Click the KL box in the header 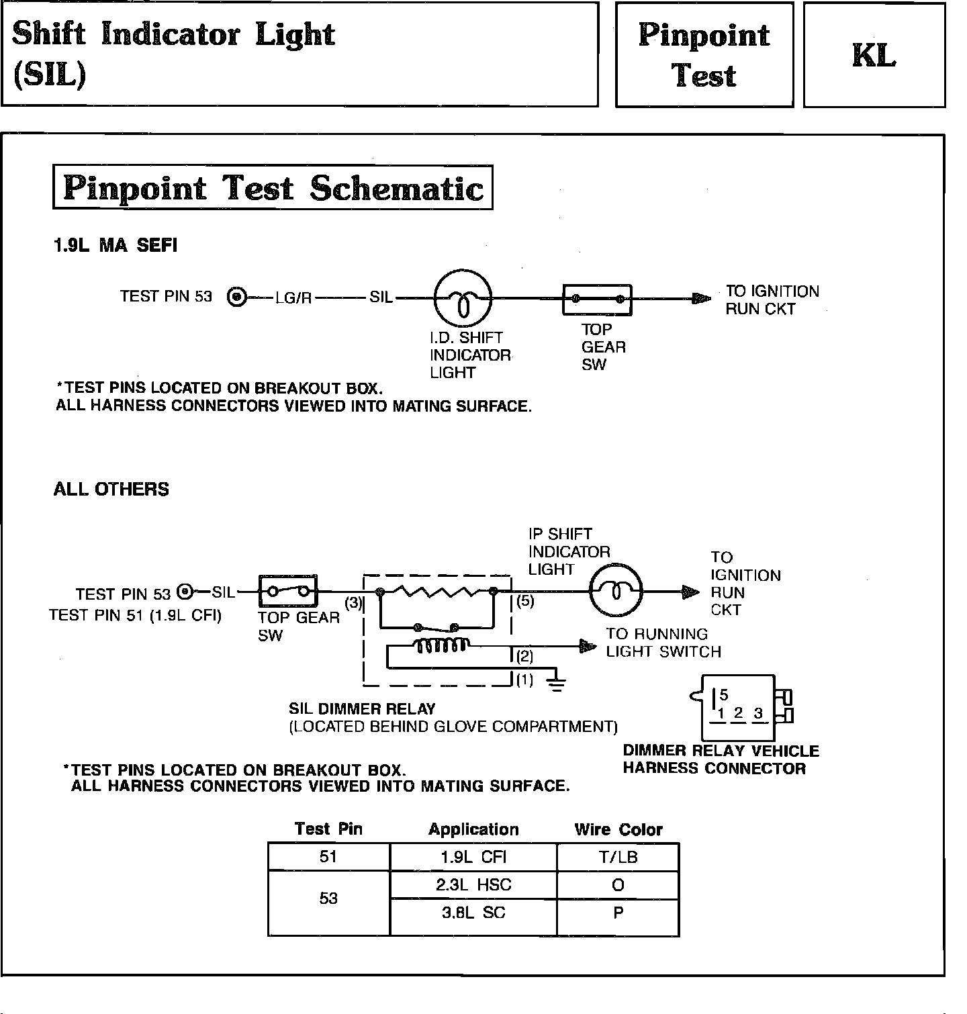[874, 55]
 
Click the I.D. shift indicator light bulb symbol [463, 298]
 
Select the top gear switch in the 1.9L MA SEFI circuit [597, 299]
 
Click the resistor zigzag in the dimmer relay [436, 592]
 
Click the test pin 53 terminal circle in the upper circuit [237, 297]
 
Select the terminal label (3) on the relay [353, 602]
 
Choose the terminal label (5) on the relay [525, 601]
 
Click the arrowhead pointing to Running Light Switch [588, 647]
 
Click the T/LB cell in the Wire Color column [618, 857]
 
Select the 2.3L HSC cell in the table [473, 885]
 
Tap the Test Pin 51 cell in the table [328, 857]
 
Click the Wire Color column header [618, 829]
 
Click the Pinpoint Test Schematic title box [273, 187]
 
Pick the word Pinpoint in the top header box [704, 35]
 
